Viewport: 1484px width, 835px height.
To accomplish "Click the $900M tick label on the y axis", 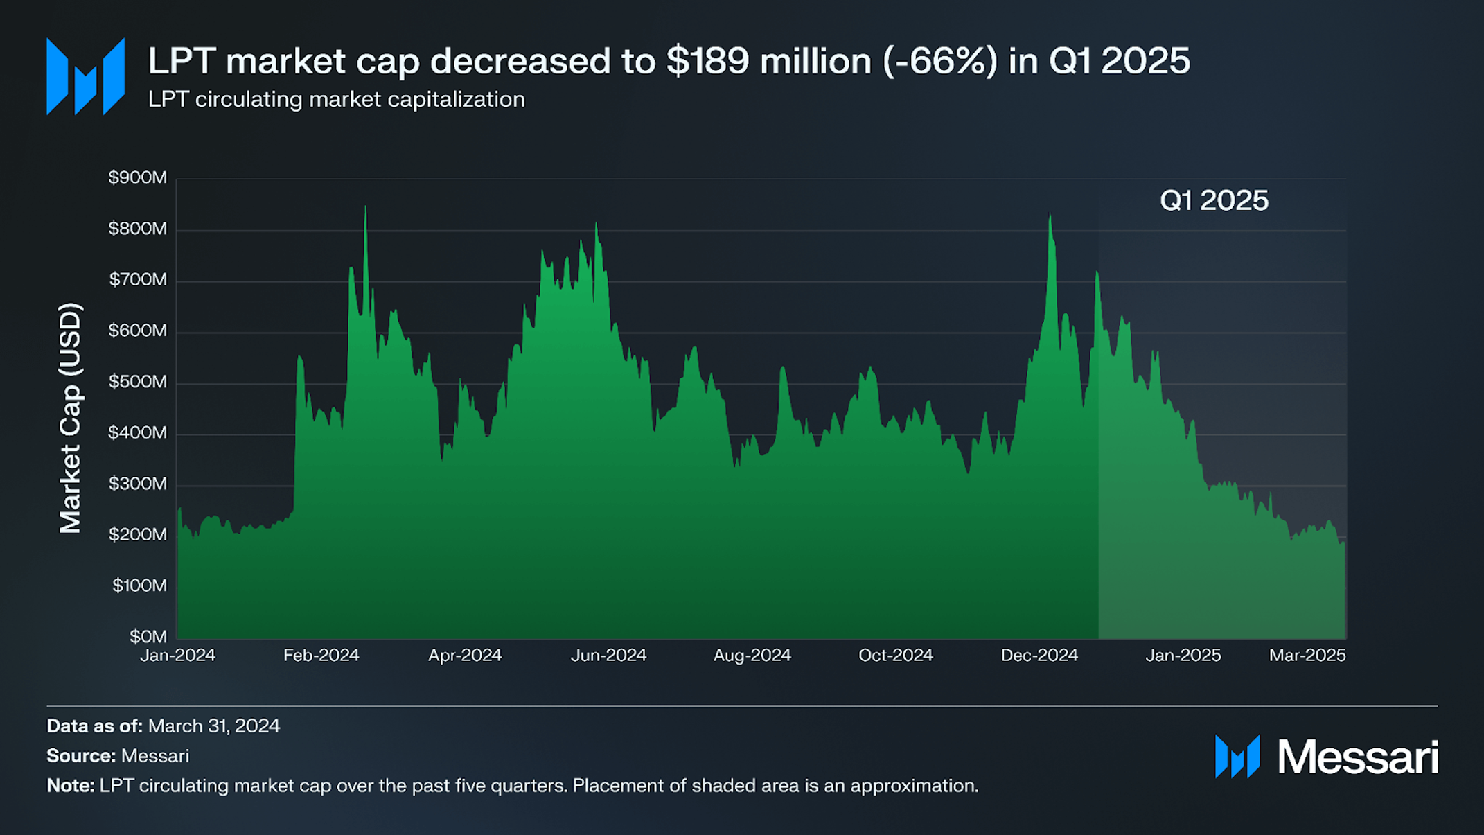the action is point(137,177).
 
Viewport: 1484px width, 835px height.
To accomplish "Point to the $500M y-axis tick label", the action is point(137,382).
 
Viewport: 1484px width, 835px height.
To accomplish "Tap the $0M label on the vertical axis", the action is point(148,636).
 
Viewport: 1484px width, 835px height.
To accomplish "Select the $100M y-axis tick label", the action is point(139,586).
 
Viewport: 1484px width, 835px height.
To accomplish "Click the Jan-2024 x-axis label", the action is point(178,655).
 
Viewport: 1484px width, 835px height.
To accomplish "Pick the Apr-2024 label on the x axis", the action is point(465,655).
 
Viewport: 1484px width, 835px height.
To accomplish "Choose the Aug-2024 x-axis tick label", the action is point(752,655).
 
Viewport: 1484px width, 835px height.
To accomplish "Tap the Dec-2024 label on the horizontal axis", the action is point(1039,655).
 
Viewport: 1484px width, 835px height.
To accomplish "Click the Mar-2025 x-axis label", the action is point(1307,655).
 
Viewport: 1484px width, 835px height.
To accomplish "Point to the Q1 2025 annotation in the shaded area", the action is point(1214,200).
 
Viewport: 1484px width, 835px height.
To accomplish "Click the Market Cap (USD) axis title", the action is point(71,418).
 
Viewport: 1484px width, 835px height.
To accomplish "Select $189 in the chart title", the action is point(707,61).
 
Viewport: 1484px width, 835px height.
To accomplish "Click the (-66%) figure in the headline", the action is point(940,61).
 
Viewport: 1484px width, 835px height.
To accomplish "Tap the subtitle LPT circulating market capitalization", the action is point(337,100).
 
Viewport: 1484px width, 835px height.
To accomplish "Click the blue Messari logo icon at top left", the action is point(85,76).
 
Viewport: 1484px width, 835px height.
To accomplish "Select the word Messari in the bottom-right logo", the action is point(1358,757).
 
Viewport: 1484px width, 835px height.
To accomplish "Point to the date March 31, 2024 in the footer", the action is point(214,726).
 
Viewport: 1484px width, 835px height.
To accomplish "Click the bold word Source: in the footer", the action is point(81,756).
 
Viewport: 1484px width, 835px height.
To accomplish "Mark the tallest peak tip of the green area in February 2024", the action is point(365,206).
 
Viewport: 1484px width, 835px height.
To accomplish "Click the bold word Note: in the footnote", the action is point(71,786).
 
